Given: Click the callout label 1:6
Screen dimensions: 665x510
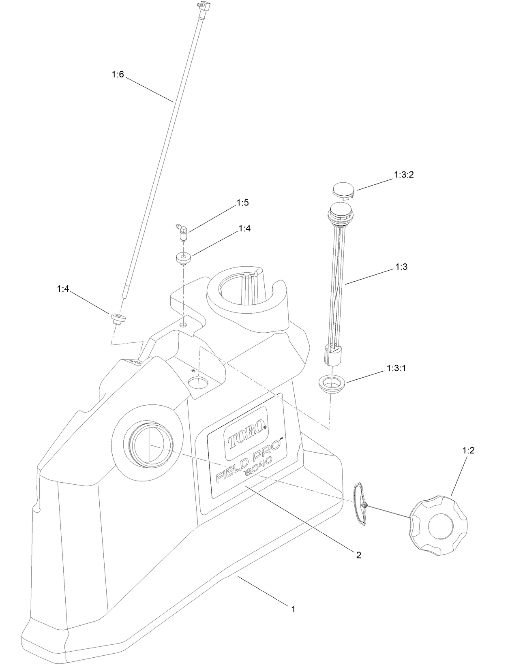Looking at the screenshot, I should tap(117, 75).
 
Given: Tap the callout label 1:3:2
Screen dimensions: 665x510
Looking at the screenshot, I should tap(404, 175).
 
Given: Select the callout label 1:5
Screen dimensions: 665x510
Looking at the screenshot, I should tap(242, 202).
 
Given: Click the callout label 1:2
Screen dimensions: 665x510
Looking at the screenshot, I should tap(468, 450).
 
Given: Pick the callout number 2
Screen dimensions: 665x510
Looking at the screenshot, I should tap(358, 555).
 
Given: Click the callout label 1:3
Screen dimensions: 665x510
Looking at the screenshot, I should tap(402, 267).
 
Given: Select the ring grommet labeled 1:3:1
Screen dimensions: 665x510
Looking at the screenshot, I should tap(332, 382).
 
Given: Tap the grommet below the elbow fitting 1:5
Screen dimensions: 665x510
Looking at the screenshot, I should tap(184, 258).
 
